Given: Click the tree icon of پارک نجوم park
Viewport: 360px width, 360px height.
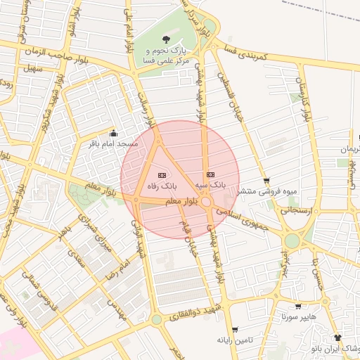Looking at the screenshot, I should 165,40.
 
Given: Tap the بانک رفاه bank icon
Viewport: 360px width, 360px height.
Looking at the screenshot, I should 161,175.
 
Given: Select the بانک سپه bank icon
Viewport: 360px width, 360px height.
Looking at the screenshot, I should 210,174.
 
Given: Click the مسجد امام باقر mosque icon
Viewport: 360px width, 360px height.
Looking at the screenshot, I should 114,133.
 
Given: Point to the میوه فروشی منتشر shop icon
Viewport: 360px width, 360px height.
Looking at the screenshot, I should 266,181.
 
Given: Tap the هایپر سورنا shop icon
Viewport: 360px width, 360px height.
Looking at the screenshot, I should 298,307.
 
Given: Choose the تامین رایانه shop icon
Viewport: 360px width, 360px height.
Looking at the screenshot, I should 234,329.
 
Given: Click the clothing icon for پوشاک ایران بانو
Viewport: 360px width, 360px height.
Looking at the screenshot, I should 344,337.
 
